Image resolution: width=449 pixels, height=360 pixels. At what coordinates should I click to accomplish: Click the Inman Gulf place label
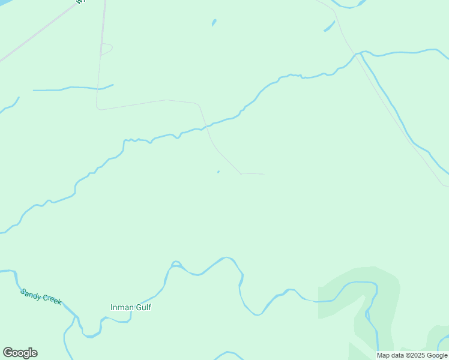coord(131,307)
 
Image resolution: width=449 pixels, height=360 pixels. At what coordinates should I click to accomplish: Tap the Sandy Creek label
coord(41,296)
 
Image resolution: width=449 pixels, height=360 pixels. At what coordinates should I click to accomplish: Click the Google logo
coord(20,353)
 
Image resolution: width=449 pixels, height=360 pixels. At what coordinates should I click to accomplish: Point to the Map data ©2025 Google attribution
coord(412,355)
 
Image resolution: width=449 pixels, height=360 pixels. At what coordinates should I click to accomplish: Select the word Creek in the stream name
coord(51,300)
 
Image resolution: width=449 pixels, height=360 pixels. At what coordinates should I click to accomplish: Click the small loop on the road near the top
coord(107,49)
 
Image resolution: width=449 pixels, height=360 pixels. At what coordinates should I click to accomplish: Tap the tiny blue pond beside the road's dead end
coord(218,172)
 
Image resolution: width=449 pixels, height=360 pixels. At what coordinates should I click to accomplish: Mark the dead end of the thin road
coord(263,174)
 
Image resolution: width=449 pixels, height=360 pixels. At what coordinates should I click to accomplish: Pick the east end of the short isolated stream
coord(113,85)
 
